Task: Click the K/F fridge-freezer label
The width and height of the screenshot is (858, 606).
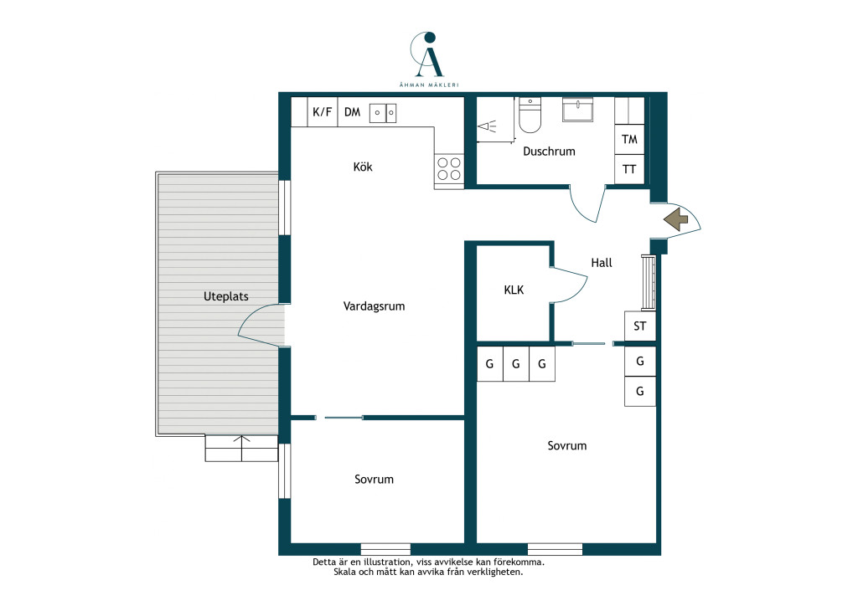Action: (x=323, y=112)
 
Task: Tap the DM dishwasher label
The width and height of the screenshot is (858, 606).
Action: (x=353, y=112)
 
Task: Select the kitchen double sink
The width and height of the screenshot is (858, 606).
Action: (x=383, y=113)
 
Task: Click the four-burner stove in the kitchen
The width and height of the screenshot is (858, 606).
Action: (x=449, y=169)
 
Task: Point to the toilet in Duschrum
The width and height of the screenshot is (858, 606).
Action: (x=530, y=116)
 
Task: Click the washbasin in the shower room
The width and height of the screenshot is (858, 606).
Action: (x=578, y=110)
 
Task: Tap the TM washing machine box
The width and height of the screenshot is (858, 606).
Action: (x=629, y=139)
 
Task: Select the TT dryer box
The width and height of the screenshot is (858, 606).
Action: (x=629, y=169)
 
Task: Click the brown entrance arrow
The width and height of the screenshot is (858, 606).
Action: (x=676, y=219)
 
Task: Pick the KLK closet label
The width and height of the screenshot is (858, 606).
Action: (x=514, y=290)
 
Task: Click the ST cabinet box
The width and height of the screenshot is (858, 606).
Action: (x=640, y=326)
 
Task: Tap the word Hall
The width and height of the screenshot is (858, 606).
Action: (x=602, y=263)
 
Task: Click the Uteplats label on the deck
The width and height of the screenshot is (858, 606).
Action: (x=226, y=296)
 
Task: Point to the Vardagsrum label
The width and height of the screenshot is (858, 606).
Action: (x=375, y=306)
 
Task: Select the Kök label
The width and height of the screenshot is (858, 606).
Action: (x=363, y=167)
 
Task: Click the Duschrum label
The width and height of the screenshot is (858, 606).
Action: (x=549, y=151)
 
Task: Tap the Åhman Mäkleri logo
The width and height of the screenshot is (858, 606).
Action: (x=428, y=59)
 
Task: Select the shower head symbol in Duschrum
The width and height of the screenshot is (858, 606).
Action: (x=487, y=126)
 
